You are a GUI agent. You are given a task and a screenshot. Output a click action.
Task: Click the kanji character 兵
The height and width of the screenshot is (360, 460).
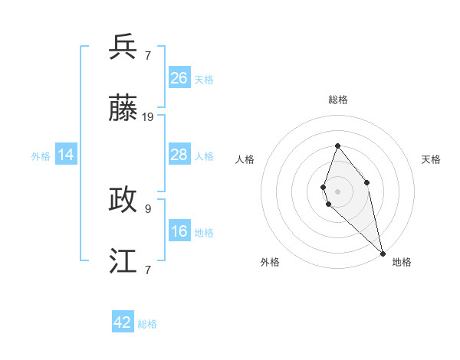pyautogui.click(x=123, y=47)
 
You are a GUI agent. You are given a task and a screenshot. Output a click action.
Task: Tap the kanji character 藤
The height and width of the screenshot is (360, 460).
pyautogui.click(x=123, y=110)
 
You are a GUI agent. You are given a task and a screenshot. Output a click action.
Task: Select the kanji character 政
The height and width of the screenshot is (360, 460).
pyautogui.click(x=123, y=200)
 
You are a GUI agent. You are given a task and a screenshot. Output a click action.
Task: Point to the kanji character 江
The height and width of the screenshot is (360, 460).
pyautogui.click(x=123, y=261)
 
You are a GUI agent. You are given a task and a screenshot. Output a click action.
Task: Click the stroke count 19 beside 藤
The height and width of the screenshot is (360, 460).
pyautogui.click(x=148, y=117)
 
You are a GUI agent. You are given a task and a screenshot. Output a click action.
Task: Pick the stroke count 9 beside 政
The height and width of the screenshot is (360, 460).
pyautogui.click(x=148, y=208)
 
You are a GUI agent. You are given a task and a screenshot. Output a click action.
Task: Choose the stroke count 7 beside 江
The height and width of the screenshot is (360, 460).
pyautogui.click(x=148, y=269)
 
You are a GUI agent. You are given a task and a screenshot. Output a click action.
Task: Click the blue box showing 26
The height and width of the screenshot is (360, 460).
pyautogui.click(x=179, y=77)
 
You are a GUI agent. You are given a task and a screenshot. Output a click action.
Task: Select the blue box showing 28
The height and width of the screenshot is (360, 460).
pyautogui.click(x=179, y=155)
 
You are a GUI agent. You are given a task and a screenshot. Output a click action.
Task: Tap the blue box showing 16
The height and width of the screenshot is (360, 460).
pyautogui.click(x=179, y=231)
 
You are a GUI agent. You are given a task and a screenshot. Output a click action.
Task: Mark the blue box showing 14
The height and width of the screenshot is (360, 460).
pyautogui.click(x=66, y=155)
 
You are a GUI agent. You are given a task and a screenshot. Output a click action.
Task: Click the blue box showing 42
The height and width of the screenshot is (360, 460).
pyautogui.click(x=123, y=322)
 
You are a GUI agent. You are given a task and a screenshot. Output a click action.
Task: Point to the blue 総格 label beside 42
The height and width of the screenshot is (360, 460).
pyautogui.click(x=147, y=324)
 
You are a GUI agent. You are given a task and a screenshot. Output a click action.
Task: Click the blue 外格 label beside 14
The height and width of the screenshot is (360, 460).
pyautogui.click(x=41, y=156)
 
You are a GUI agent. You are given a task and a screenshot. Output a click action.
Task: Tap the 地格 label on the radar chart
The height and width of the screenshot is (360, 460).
pyautogui.click(x=402, y=262)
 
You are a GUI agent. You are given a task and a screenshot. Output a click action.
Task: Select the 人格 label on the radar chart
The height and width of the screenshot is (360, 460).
pyautogui.click(x=245, y=159)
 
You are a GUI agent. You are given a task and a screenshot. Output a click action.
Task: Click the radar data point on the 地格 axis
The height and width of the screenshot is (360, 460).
pyautogui.click(x=383, y=254)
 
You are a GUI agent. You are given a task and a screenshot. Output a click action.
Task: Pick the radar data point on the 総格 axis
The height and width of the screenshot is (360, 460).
pyautogui.click(x=337, y=146)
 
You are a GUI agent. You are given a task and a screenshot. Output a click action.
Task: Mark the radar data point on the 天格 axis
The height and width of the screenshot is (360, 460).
pyautogui.click(x=367, y=182)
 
